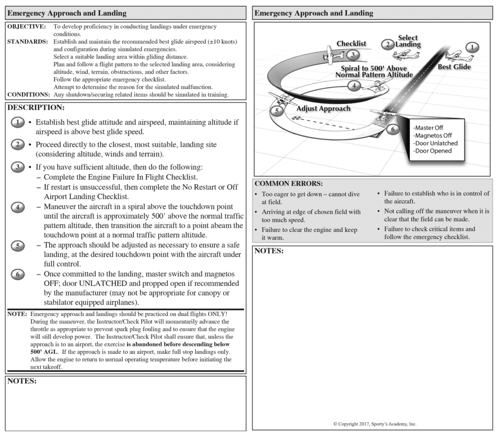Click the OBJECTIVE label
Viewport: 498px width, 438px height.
[26, 27]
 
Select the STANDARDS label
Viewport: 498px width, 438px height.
[27, 42]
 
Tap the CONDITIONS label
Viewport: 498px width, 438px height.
[28, 94]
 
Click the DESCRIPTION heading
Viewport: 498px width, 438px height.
[35, 107]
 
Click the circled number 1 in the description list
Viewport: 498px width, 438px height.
[17, 123]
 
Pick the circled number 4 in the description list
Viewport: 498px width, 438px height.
[17, 207]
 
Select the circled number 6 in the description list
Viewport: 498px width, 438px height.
[17, 274]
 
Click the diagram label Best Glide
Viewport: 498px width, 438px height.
[454, 67]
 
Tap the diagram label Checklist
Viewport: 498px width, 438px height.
[351, 44]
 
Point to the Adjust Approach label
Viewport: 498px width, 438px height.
[323, 109]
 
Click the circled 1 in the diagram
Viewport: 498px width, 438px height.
[472, 47]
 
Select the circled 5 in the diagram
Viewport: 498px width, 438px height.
[277, 111]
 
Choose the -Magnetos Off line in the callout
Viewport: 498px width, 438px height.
[433, 136]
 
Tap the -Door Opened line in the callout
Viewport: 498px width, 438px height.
[433, 151]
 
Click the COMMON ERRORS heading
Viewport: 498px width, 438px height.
[288, 184]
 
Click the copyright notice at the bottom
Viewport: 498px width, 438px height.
[375, 424]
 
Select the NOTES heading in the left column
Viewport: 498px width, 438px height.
[22, 381]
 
